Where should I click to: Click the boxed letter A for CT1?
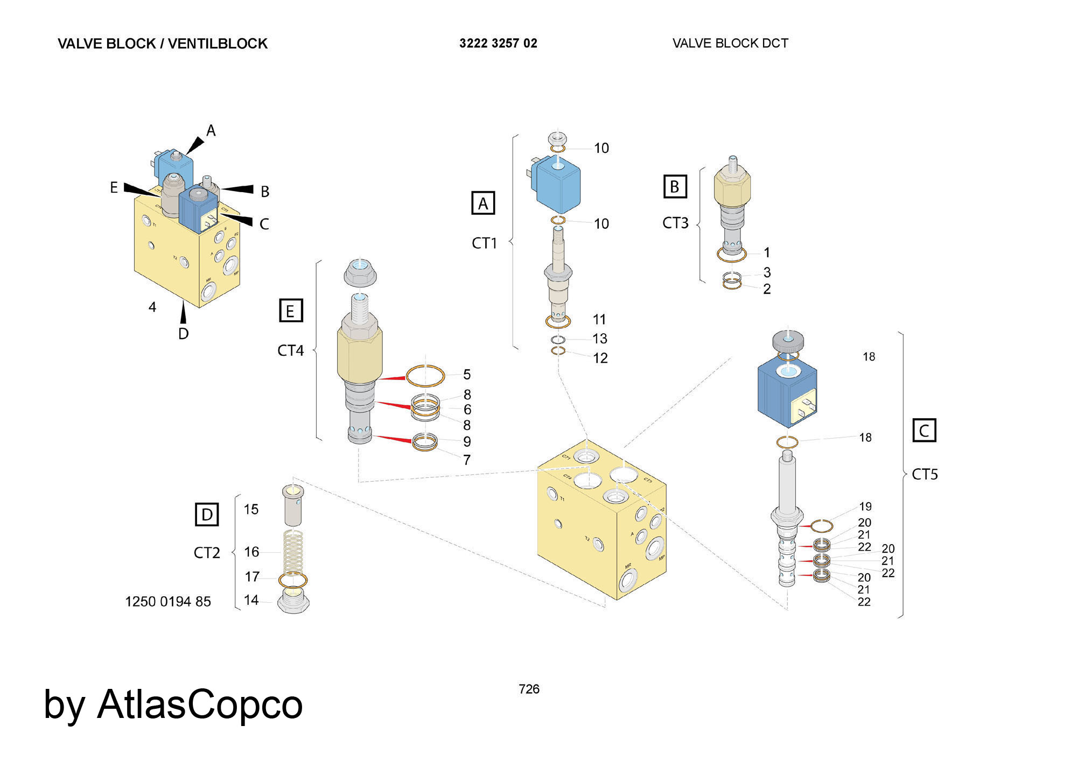(x=483, y=203)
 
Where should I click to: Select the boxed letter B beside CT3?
(x=674, y=187)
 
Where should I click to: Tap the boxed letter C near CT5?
(x=924, y=431)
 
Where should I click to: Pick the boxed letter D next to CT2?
(x=206, y=515)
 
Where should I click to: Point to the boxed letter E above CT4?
(x=291, y=311)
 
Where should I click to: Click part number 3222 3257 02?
(x=498, y=44)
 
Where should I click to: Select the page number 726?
(x=529, y=689)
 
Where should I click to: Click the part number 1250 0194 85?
(x=168, y=602)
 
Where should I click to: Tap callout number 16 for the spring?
(x=251, y=552)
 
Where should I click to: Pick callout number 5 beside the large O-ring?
(x=467, y=375)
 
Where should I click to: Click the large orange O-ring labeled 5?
(x=425, y=376)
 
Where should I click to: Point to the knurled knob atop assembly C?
(x=788, y=341)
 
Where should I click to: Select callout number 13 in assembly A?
(x=600, y=339)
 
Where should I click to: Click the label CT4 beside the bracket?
(x=291, y=351)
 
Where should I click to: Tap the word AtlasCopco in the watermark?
(x=200, y=704)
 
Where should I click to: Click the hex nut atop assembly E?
(x=360, y=273)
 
